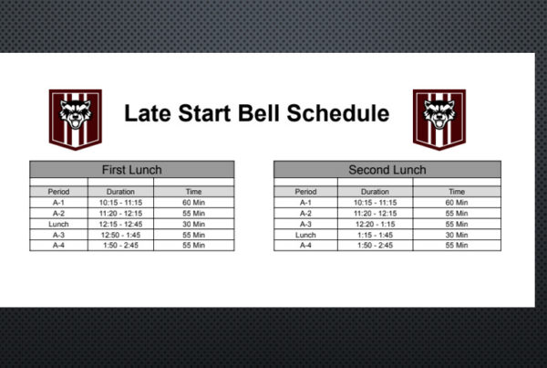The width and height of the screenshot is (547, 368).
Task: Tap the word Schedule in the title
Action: click(x=338, y=113)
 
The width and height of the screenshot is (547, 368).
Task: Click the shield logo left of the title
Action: click(x=76, y=120)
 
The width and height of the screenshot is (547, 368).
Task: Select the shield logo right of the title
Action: click(x=439, y=120)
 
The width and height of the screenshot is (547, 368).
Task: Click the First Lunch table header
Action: click(x=132, y=170)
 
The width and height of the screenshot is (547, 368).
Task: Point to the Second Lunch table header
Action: click(x=387, y=170)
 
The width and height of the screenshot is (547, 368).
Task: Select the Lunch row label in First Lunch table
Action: click(x=58, y=224)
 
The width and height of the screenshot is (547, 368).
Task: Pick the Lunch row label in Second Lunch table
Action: click(x=305, y=235)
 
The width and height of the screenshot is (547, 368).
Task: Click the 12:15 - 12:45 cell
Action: click(x=120, y=224)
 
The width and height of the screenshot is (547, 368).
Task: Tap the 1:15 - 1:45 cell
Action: click(x=375, y=235)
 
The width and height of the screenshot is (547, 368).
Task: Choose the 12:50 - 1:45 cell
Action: click(x=120, y=235)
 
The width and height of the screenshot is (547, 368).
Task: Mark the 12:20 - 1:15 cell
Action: click(x=375, y=224)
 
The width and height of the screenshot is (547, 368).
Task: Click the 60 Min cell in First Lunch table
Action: click(x=193, y=203)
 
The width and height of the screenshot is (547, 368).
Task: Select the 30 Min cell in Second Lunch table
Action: click(x=457, y=235)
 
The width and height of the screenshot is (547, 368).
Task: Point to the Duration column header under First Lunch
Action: click(x=120, y=192)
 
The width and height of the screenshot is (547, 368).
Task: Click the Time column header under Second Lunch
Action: click(x=457, y=192)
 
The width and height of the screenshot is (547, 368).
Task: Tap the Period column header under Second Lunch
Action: click(x=305, y=192)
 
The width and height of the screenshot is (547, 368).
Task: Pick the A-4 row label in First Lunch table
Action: click(x=58, y=246)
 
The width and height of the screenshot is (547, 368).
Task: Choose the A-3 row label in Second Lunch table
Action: click(x=305, y=224)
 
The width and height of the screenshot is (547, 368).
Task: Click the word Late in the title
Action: click(x=148, y=113)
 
